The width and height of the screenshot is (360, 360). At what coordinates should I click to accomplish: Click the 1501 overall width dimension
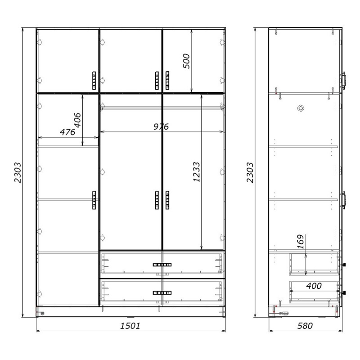[130, 325]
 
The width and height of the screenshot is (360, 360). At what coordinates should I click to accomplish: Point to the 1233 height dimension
[196, 172]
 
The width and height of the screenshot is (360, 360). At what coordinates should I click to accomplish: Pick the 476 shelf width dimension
[67, 132]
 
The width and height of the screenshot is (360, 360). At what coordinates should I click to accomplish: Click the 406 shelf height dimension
[77, 120]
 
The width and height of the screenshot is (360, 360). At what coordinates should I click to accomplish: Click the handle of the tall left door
[94, 200]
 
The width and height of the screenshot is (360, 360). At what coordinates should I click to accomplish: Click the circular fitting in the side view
[301, 108]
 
